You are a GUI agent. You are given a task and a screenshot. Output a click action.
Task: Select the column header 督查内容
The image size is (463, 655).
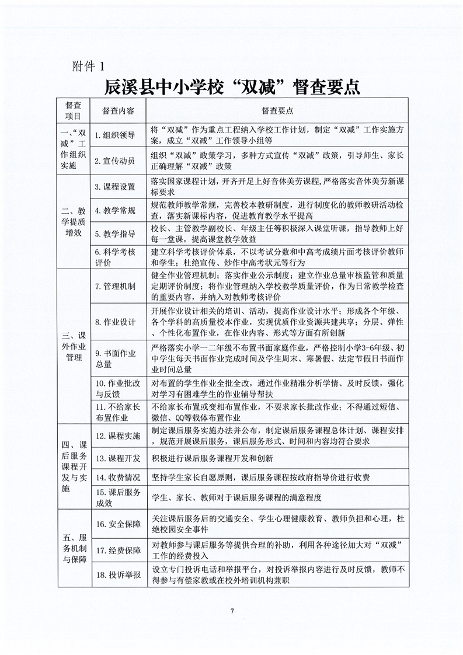(119, 110)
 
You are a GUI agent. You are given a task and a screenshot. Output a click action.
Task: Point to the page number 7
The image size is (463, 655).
(232, 611)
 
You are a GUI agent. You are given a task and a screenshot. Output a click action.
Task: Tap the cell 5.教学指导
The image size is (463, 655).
(119, 234)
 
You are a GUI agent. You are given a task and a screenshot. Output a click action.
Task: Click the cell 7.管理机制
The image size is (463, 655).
(119, 285)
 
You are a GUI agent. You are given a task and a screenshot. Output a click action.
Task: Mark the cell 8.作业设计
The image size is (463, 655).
(119, 322)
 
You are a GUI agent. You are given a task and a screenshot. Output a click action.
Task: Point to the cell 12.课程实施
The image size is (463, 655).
(119, 435)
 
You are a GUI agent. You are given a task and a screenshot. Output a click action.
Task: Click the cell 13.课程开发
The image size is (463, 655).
(119, 457)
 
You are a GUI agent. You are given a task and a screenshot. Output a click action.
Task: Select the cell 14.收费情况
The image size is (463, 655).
(119, 478)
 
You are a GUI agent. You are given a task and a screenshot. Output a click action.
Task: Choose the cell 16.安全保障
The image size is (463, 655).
(119, 524)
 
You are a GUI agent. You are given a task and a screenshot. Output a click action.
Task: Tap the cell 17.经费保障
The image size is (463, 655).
(119, 549)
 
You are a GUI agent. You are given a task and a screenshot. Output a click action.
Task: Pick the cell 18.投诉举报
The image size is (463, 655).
(119, 576)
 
